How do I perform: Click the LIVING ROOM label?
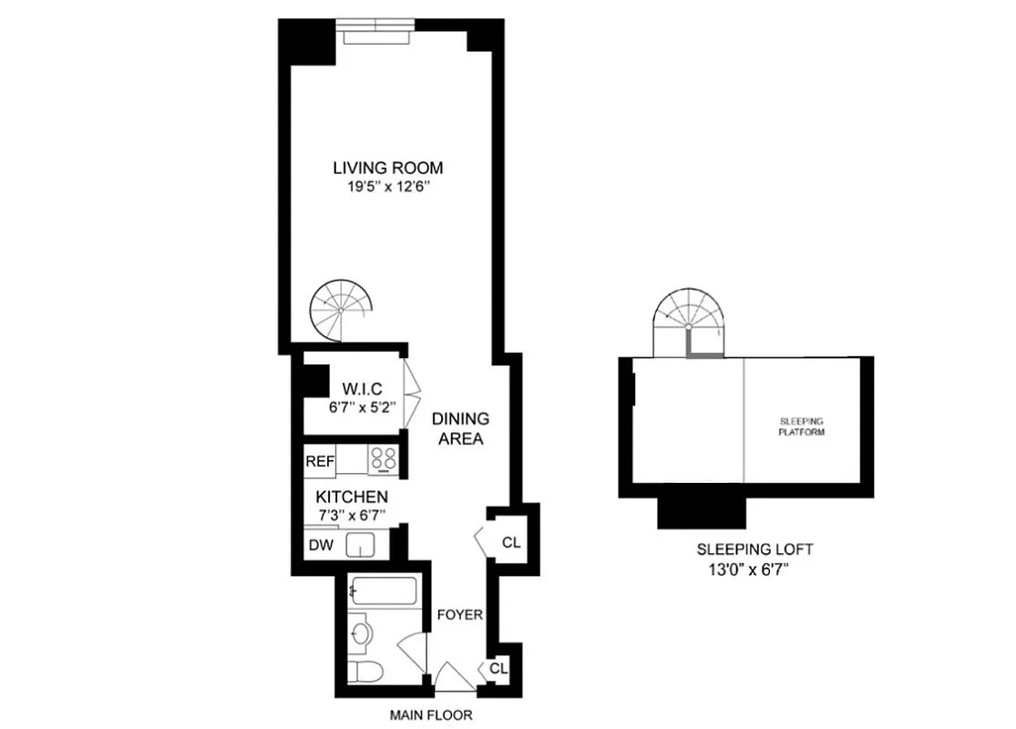pyautogui.click(x=387, y=168)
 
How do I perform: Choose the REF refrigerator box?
pyautogui.click(x=320, y=461)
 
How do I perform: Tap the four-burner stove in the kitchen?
pyautogui.click(x=384, y=460)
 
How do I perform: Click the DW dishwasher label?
pyautogui.click(x=319, y=545)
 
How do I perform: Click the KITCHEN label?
pyautogui.click(x=352, y=498)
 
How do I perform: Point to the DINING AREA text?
pyautogui.click(x=460, y=428)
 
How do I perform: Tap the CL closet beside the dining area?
pyautogui.click(x=511, y=542)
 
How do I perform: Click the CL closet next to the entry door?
pyautogui.click(x=498, y=668)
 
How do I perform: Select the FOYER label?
pyautogui.click(x=459, y=614)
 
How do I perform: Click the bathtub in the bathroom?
pyautogui.click(x=383, y=592)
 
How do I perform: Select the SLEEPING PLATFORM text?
pyautogui.click(x=802, y=426)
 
